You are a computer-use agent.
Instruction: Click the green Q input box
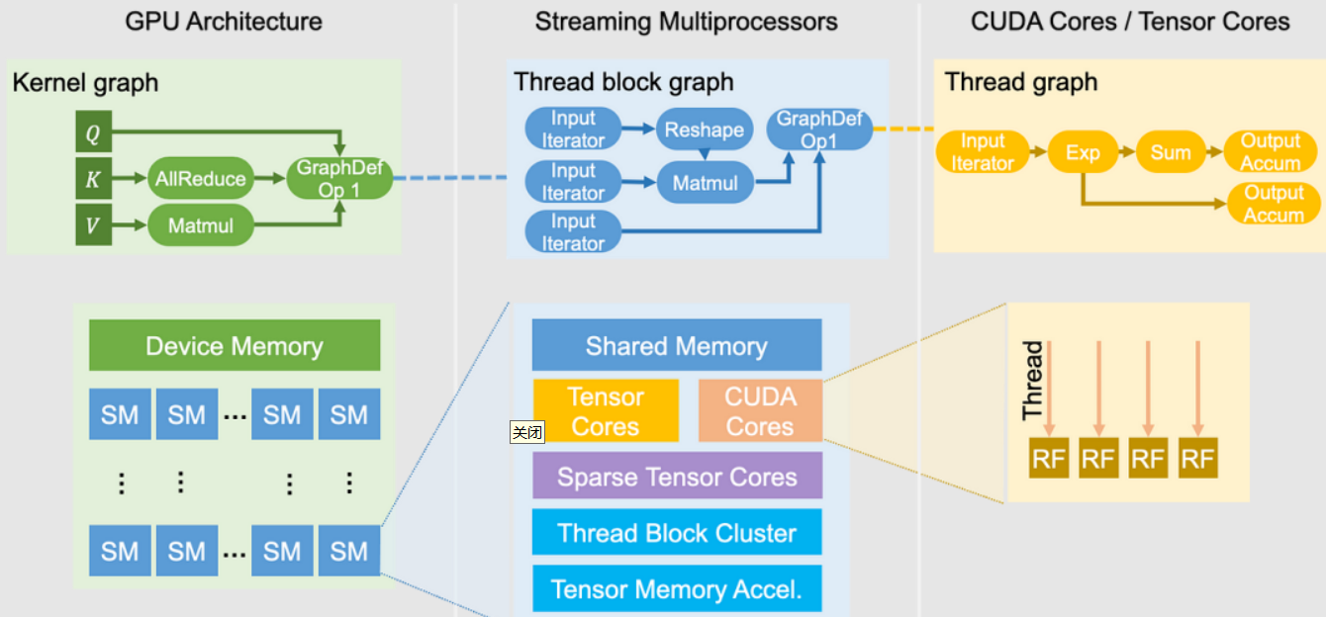coord(93,132)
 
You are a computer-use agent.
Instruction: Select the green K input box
coord(93,179)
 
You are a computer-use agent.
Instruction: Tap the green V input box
coord(93,225)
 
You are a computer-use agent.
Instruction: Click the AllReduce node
coord(201,179)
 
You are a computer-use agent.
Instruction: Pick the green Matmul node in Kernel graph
coord(201,225)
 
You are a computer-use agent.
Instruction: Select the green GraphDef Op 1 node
coord(339,179)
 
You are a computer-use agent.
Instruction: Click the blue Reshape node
coord(704,130)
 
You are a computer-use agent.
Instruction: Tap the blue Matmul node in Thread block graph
coord(706,183)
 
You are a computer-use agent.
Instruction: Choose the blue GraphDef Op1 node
coord(819,130)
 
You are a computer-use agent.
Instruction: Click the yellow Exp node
coord(1083,152)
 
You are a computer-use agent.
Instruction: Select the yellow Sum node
coord(1170,152)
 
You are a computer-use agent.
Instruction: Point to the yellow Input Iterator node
coord(983,152)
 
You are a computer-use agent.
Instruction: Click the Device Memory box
coord(235,346)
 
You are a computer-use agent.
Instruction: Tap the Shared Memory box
coord(677,346)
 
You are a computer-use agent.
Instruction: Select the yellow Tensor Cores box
coord(606,411)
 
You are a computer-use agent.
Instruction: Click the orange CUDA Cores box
coord(760,411)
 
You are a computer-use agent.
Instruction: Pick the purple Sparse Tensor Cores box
coord(677,477)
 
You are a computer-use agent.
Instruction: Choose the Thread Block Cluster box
coord(677,533)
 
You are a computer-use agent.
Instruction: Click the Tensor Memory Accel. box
coord(677,589)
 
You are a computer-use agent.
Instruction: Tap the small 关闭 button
coord(527,432)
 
